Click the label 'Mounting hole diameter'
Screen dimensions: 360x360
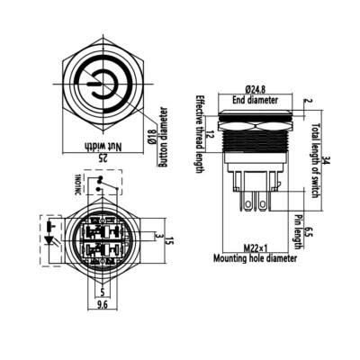click(x=255, y=257)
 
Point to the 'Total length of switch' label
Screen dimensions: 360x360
click(x=316, y=152)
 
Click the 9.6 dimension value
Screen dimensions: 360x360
click(x=102, y=304)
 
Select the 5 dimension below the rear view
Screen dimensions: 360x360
click(x=102, y=291)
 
